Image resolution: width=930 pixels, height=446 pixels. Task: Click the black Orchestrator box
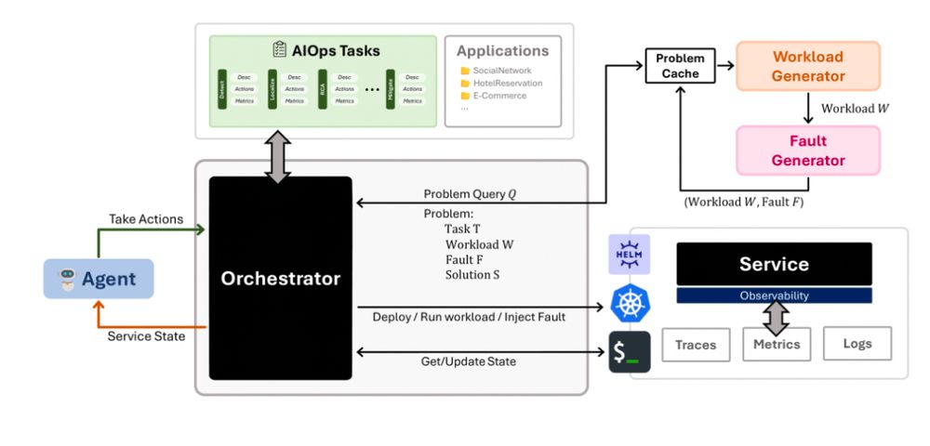tap(280, 278)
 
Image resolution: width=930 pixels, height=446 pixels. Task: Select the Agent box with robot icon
tap(98, 279)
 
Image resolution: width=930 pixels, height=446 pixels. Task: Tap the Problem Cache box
tap(680, 65)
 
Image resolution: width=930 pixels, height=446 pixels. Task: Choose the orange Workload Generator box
tap(807, 66)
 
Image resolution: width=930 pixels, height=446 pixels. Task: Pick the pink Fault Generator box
tap(807, 151)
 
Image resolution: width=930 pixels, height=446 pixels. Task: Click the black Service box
tap(774, 264)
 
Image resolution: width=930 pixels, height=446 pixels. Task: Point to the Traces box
tap(696, 345)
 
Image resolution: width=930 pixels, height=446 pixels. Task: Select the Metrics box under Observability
tap(777, 344)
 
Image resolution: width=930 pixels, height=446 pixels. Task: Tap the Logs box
tap(857, 343)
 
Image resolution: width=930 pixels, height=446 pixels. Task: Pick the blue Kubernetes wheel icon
tap(629, 303)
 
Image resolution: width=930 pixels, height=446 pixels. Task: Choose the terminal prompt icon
tap(629, 352)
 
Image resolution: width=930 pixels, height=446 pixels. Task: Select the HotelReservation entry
tap(507, 84)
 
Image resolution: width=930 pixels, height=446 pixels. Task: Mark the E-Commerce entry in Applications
tap(499, 95)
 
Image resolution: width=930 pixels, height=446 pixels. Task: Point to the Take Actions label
tap(145, 219)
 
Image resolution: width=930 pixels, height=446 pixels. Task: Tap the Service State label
tap(146, 336)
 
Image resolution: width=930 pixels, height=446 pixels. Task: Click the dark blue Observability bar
tap(774, 295)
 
